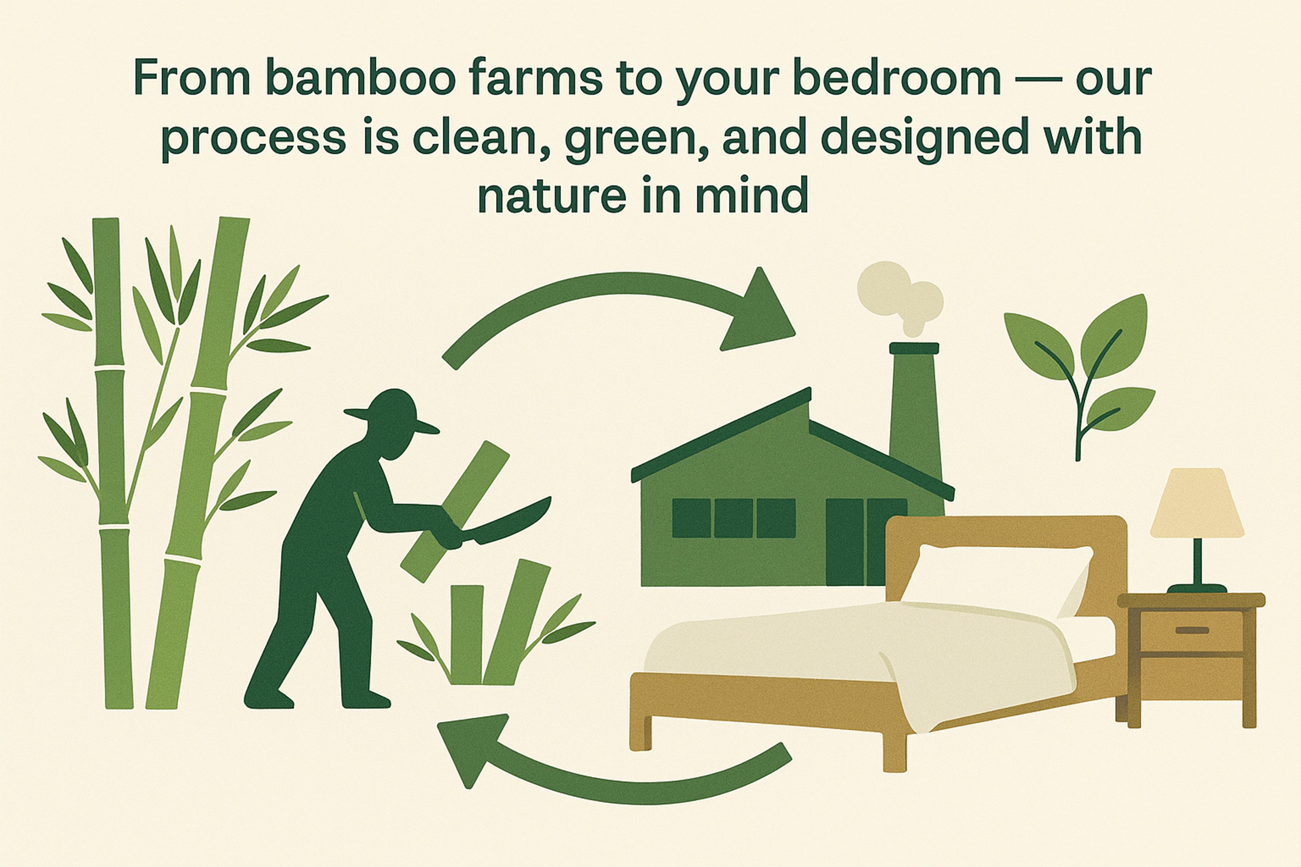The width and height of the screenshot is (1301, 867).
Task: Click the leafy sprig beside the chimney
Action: tap(1078, 376)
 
